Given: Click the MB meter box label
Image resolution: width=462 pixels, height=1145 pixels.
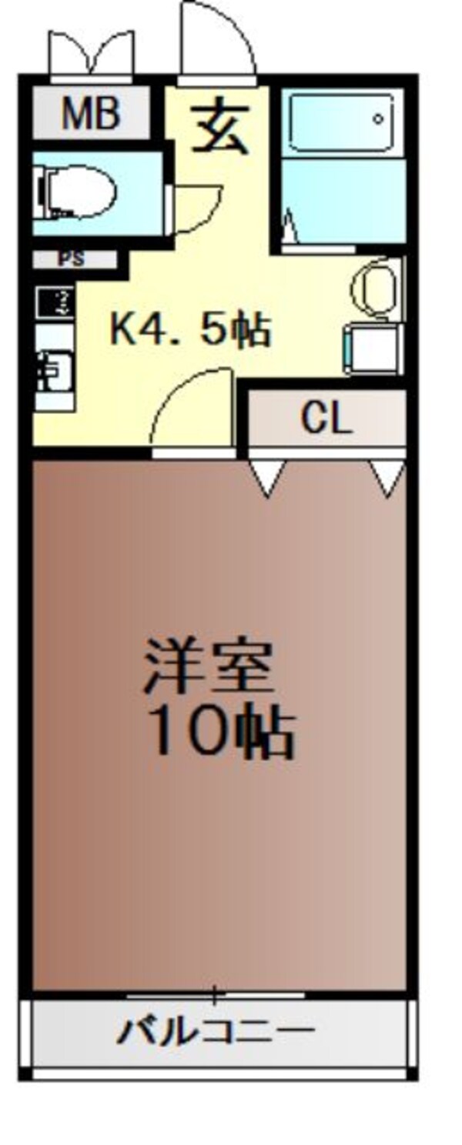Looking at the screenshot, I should [x=91, y=113].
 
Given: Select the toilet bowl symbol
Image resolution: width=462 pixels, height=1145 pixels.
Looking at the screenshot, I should [x=77, y=192].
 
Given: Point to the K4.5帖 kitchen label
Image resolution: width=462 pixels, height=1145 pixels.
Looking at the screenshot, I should [x=190, y=331].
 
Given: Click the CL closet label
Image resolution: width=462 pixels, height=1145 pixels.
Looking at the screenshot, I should [x=326, y=419].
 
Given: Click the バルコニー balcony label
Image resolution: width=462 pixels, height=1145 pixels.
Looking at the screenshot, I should [x=216, y=1031].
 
